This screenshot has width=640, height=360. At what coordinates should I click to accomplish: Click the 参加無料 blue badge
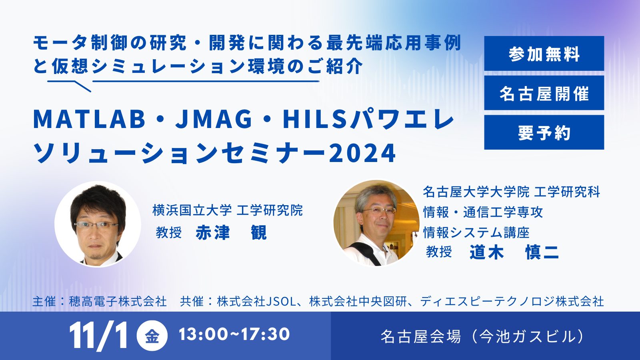coord(544,54)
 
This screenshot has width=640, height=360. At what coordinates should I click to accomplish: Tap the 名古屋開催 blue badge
coord(544,93)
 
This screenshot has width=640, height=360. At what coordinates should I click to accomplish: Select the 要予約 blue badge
coord(544,132)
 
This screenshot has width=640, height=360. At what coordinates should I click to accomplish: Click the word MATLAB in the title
coord(90,120)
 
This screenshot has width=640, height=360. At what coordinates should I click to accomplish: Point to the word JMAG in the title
coord(214,120)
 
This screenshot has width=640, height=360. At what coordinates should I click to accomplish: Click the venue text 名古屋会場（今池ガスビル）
coord(483,336)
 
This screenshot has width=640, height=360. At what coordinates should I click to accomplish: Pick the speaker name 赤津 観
coord(231,232)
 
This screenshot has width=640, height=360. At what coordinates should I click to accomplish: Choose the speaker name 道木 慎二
coord(514,252)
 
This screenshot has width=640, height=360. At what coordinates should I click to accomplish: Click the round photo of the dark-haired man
coord(98,224)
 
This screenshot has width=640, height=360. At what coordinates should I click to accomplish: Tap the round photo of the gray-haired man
coord(376,223)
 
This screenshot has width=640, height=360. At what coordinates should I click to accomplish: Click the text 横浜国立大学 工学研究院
coord(228,210)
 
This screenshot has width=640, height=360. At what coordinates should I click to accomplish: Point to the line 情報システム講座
coord(476,232)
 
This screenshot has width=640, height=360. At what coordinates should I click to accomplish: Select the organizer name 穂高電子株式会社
coord(118,302)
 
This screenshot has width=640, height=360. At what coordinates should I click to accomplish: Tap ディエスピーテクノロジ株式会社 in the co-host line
coord(512,302)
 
